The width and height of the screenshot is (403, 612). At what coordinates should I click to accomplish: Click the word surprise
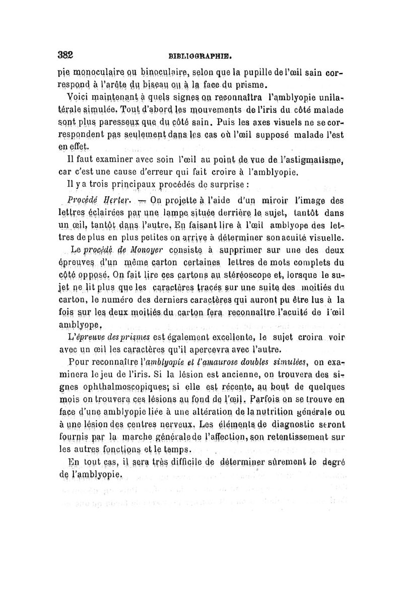[x=216, y=185]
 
